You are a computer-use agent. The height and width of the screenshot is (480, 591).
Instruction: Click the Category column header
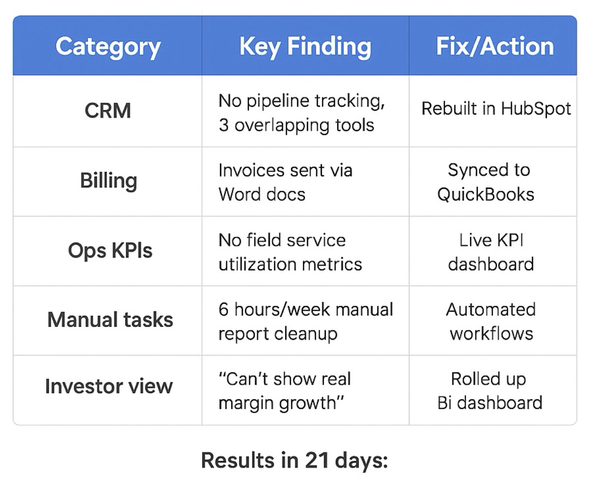(x=108, y=47)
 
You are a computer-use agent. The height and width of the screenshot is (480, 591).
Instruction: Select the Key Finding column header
(x=305, y=47)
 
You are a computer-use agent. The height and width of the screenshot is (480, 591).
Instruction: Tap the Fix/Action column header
(x=495, y=47)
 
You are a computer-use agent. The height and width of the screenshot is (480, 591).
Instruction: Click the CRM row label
(x=108, y=110)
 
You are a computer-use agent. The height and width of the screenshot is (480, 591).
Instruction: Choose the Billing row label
(x=108, y=181)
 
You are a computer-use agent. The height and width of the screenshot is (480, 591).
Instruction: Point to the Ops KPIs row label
(x=110, y=251)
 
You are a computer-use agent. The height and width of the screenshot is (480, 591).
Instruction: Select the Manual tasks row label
(x=110, y=320)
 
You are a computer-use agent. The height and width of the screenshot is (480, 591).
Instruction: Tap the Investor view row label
(x=109, y=386)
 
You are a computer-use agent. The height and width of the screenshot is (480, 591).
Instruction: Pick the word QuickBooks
(x=486, y=194)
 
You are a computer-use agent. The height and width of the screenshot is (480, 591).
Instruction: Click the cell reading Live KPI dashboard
(x=491, y=252)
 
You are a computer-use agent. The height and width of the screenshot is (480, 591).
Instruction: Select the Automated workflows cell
(x=491, y=321)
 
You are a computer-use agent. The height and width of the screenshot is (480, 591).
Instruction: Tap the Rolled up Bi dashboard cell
(x=490, y=391)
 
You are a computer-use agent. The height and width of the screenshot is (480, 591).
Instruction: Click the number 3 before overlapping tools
(x=223, y=125)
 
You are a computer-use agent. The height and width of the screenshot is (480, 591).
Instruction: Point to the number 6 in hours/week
(x=223, y=309)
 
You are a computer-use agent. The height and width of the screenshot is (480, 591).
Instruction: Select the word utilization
(x=257, y=264)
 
